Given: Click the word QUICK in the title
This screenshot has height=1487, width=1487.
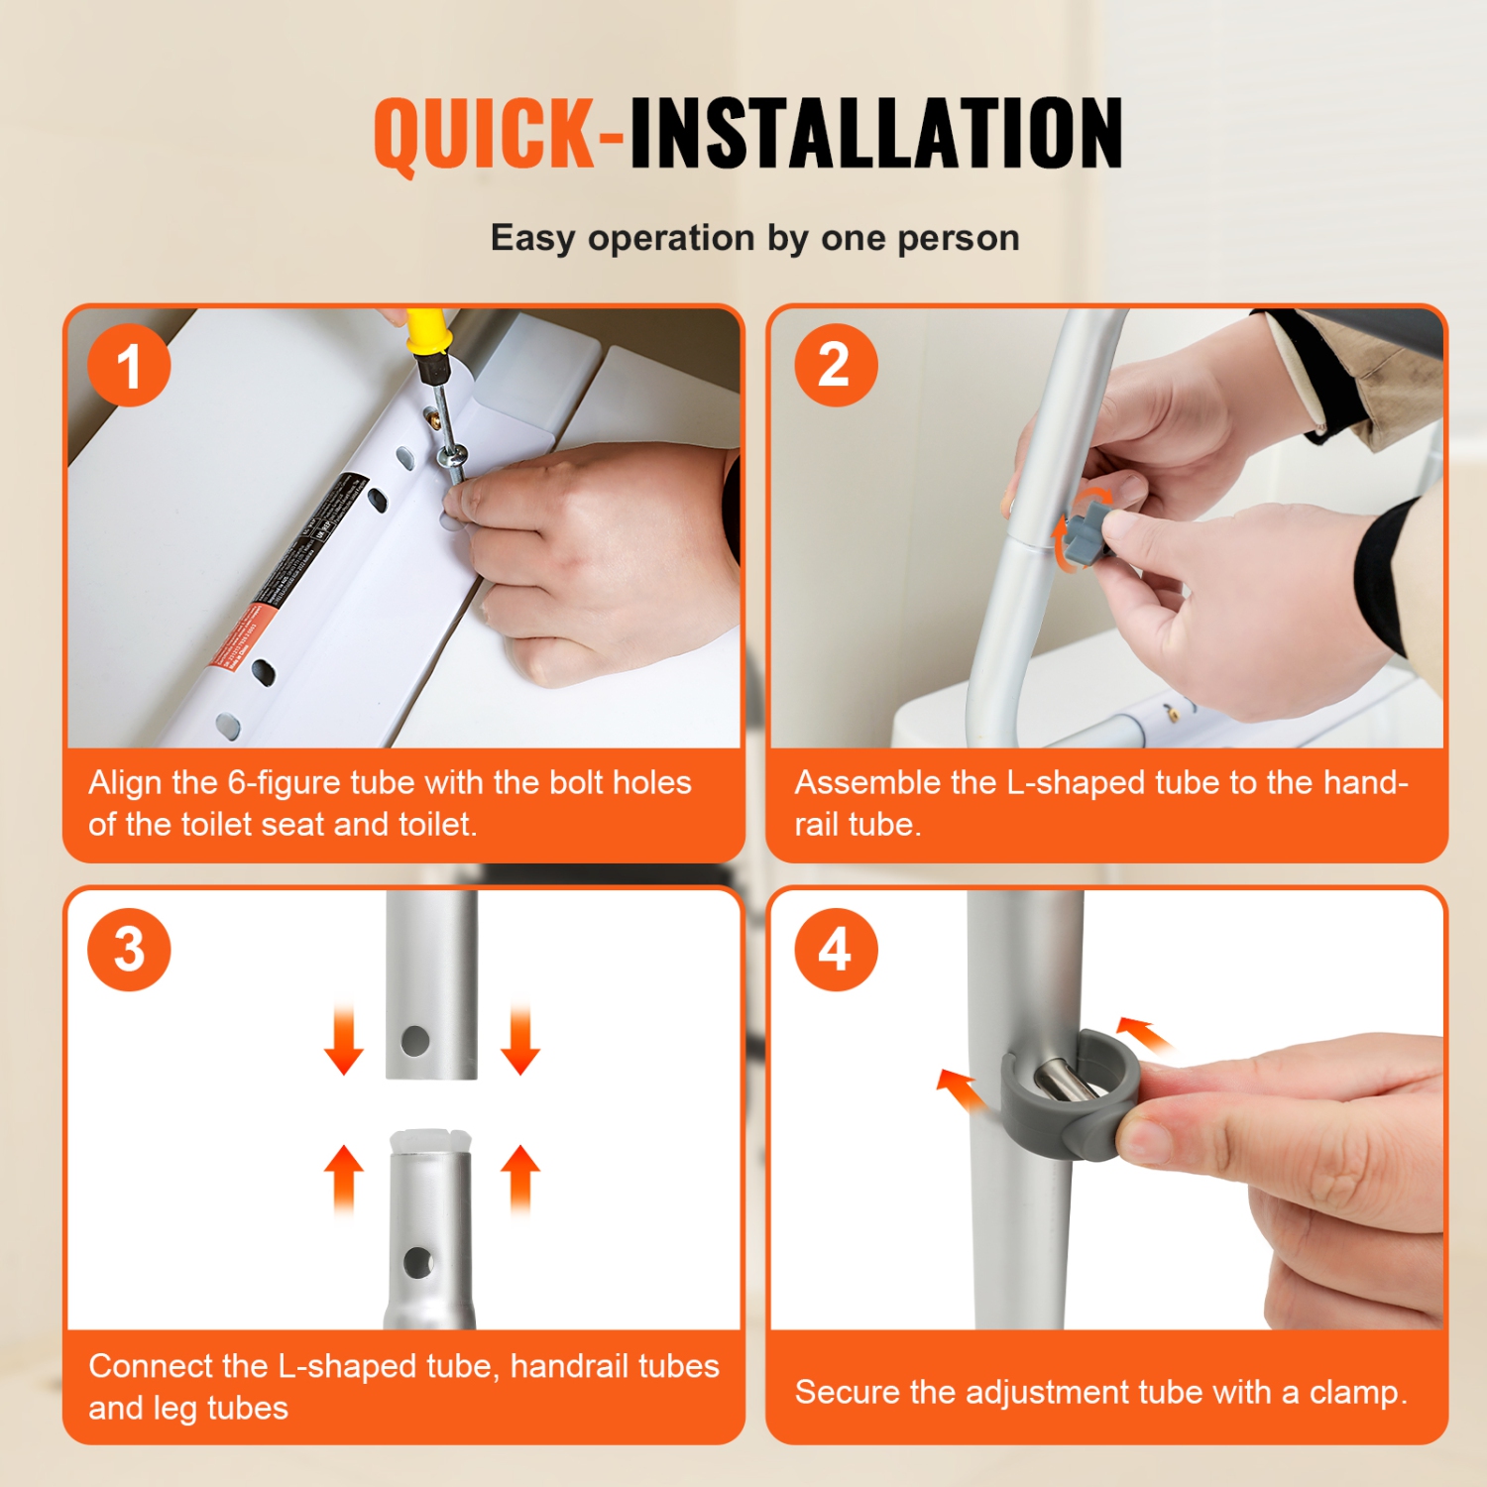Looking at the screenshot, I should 484,134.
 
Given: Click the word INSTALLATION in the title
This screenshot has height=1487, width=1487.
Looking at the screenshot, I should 876,134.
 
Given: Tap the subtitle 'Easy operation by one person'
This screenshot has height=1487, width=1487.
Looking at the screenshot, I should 754,238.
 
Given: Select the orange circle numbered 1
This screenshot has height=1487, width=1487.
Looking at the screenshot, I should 129,366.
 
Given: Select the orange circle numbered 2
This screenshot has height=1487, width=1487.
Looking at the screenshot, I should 836,365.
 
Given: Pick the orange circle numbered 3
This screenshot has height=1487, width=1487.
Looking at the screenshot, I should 129,949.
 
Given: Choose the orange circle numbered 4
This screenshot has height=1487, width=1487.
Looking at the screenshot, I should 836,949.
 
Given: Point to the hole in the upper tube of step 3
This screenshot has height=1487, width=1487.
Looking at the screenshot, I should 415,1041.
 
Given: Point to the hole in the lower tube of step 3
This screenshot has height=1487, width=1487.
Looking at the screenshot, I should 418,1262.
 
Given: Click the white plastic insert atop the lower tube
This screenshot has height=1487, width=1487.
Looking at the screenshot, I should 429,1141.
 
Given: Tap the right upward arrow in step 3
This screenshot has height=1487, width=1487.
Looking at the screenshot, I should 520,1178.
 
